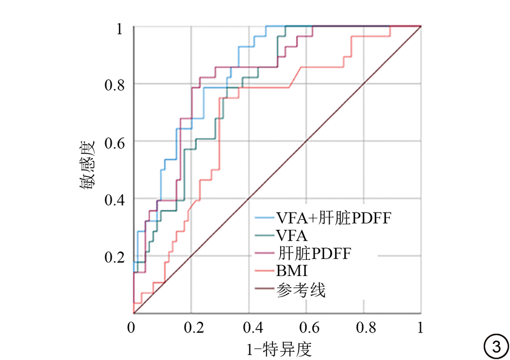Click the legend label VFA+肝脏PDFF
[334, 218]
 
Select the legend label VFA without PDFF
[292, 236]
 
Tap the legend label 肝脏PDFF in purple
[315, 253]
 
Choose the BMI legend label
[292, 271]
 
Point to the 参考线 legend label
[301, 290]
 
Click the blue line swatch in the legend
[264, 217]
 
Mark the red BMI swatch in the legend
[264, 270]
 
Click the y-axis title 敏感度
[87, 165]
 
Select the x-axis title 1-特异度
[279, 349]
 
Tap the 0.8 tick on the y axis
[115, 85]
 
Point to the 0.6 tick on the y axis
[115, 143]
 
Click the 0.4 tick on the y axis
[115, 200]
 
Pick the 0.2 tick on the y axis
[115, 257]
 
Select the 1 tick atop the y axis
[120, 29]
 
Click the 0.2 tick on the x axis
[194, 328]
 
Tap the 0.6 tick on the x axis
[309, 328]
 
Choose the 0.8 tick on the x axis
[366, 328]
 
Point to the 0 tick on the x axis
[131, 328]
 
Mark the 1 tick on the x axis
[420, 328]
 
